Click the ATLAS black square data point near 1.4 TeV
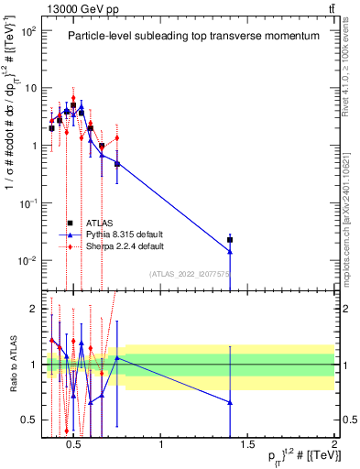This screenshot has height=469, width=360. (230, 239)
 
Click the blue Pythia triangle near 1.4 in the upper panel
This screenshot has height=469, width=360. (230, 251)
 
